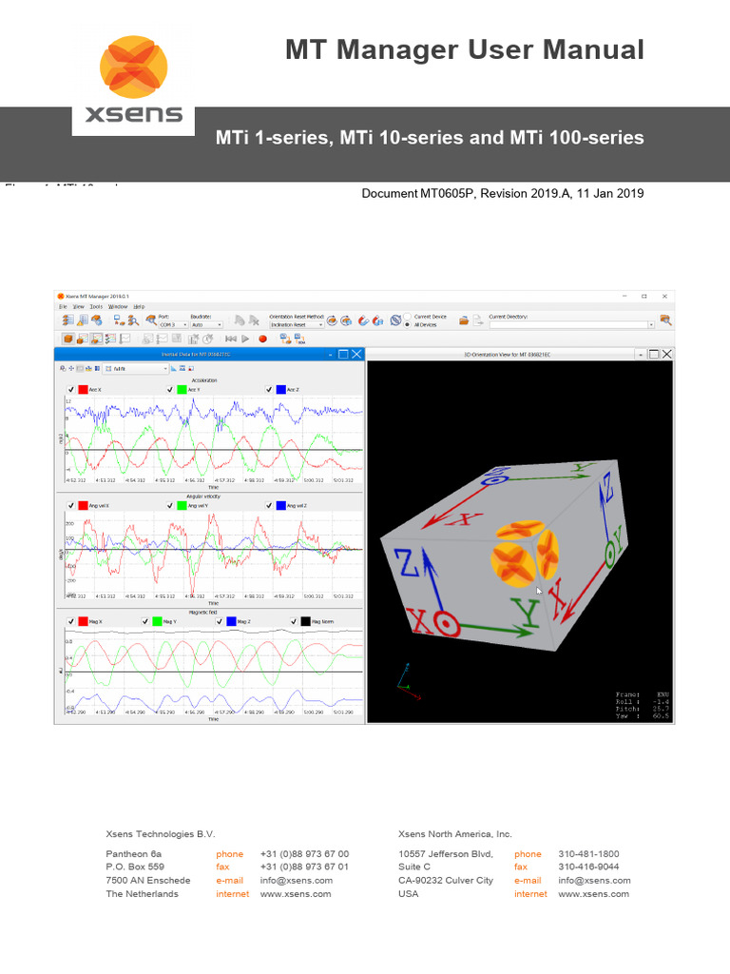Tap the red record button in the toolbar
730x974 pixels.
pos(262,338)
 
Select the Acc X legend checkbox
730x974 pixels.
pos(71,389)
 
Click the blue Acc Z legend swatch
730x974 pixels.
pos(282,389)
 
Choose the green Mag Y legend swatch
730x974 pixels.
pos(157,621)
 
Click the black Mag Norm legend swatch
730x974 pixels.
pos(305,621)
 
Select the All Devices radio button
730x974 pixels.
pos(408,324)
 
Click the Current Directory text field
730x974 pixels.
pos(570,324)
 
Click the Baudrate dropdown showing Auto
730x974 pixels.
pos(205,324)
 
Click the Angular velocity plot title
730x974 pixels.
pos(212,497)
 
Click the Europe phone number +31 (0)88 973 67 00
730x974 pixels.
pos(304,854)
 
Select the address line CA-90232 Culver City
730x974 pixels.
pos(446,881)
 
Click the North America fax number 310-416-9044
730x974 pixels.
pos(588,867)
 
